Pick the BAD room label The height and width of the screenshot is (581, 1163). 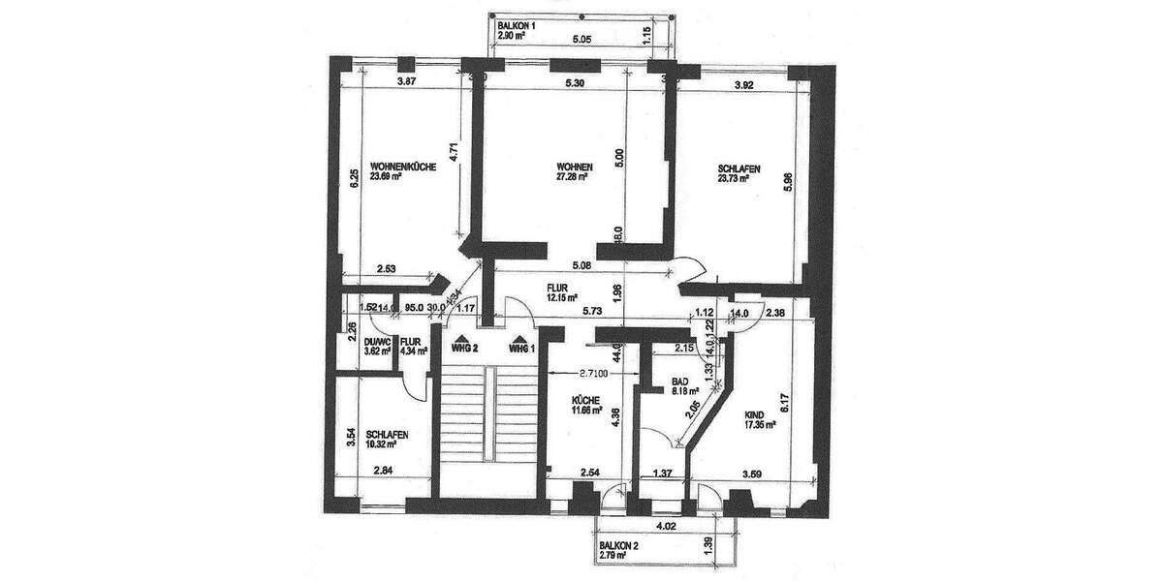(x=683, y=381)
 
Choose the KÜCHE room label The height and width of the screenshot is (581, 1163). (x=586, y=399)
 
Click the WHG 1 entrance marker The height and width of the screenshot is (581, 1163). (x=520, y=346)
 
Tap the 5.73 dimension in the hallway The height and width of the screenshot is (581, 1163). (x=593, y=312)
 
